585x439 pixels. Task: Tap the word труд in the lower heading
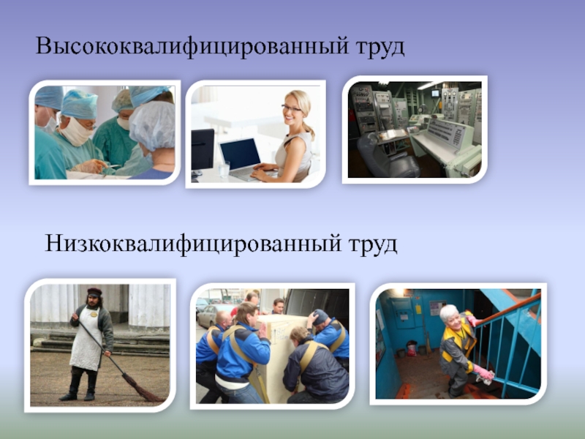(x=373, y=242)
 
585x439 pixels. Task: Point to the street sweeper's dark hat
(x=94, y=292)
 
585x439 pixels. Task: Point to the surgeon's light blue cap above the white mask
(x=79, y=105)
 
